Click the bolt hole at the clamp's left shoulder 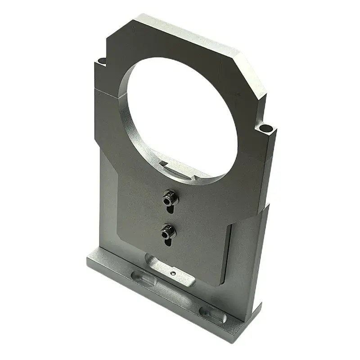click(x=102, y=60)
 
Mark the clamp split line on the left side click(x=106, y=90)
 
